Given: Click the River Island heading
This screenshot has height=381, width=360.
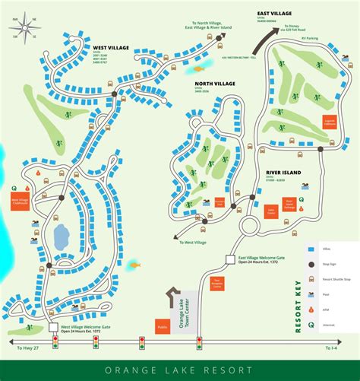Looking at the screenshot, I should (283, 173).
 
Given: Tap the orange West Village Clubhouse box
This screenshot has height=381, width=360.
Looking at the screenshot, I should (19, 202).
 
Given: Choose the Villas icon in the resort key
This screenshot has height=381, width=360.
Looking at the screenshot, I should (311, 249).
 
